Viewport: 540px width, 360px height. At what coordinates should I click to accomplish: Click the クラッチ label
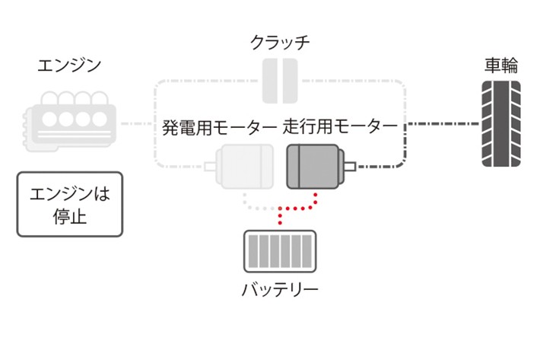[280, 43]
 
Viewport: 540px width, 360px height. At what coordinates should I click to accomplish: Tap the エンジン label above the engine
[69, 65]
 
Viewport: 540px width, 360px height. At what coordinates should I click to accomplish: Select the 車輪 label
[501, 65]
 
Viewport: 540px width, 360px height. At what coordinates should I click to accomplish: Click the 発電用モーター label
[219, 126]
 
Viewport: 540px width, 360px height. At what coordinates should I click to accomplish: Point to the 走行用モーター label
[341, 126]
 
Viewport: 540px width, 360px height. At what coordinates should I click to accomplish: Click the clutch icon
[280, 80]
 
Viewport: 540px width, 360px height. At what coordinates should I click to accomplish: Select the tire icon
[501, 123]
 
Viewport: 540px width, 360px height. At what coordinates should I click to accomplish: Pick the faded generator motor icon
[243, 166]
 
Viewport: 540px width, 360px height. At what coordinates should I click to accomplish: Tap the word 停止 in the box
[70, 217]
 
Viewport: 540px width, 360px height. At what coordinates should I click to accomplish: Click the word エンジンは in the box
[69, 193]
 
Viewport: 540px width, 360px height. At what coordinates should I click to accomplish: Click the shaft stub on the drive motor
[350, 164]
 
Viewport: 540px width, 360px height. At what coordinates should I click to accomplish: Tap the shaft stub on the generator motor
[210, 164]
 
